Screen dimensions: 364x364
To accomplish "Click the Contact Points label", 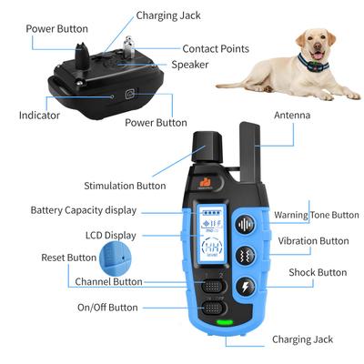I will click(x=217, y=48).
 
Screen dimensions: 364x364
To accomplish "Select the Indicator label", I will click(x=39, y=116).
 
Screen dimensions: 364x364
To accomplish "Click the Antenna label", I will click(x=292, y=116).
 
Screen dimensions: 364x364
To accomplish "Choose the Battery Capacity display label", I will click(x=83, y=210).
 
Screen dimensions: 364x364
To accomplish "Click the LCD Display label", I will click(x=106, y=235).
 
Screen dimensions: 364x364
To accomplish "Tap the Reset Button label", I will click(x=68, y=258).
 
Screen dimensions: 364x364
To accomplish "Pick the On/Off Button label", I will click(x=107, y=308).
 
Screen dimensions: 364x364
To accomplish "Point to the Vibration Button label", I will click(x=313, y=241).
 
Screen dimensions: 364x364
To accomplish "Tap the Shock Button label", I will click(x=318, y=272).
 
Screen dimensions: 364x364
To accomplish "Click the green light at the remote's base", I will click(x=219, y=321).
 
